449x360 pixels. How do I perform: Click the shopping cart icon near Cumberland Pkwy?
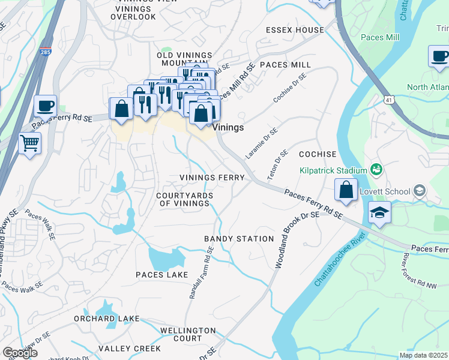click(29, 143)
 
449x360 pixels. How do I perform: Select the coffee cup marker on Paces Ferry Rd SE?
click(45, 106)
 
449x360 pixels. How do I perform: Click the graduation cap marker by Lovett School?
click(379, 213)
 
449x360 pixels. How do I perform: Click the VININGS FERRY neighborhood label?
click(212, 178)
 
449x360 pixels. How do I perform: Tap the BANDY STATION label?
click(239, 239)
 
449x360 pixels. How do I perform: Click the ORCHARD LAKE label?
click(106, 319)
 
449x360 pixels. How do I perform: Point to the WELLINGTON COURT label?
click(188, 334)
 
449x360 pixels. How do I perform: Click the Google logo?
click(20, 353)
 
